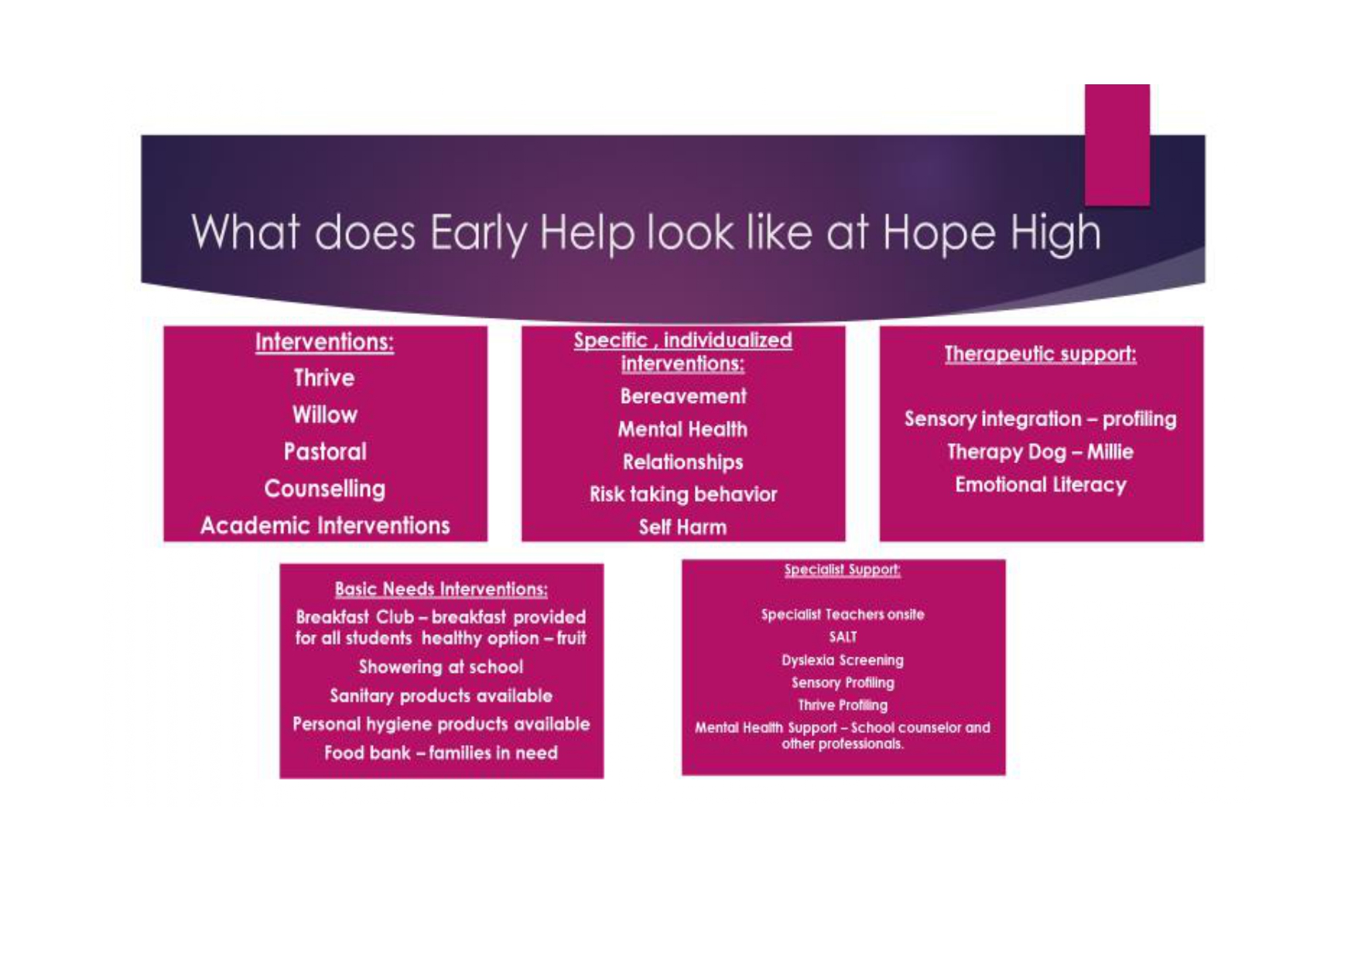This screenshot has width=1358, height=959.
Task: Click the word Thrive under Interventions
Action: coord(324,377)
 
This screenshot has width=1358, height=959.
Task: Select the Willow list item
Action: coord(325,415)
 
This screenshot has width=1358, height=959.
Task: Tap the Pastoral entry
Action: coord(325,452)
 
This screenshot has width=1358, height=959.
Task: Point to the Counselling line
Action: coord(325,489)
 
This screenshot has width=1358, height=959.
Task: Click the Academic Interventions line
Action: coord(325,526)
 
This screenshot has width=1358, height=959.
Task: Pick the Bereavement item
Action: coord(683,397)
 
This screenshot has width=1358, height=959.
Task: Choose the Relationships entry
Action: coord(683,462)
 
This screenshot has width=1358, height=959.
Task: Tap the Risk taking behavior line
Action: coord(683,494)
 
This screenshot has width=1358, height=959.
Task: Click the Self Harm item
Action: coord(683,527)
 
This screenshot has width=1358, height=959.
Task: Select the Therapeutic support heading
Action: coord(1041,354)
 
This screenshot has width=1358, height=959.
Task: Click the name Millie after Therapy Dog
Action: coord(1110,452)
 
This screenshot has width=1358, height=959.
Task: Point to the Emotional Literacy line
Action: coord(1041,485)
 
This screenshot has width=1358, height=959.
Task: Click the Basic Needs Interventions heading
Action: coord(441,589)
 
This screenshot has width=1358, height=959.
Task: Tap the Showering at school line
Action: coord(441,667)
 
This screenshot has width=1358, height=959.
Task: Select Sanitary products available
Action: coord(441,696)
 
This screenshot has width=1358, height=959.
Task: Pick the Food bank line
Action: coord(441,753)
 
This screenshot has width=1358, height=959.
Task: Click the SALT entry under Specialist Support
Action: coord(843,637)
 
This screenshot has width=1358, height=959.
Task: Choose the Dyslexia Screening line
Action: coord(843,660)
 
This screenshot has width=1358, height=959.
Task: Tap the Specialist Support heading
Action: coord(843,570)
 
